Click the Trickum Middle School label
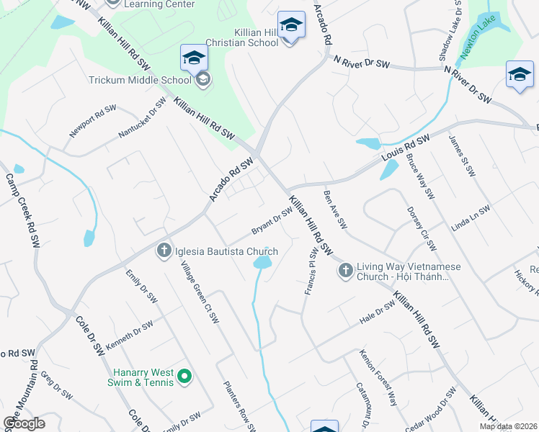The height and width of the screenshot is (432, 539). point(135,80)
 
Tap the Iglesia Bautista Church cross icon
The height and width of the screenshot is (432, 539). point(164,251)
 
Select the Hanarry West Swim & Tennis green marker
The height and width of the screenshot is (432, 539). point(184,375)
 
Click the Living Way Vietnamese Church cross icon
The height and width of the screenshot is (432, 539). point(345,271)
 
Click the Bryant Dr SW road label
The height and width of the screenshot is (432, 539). point(271,221)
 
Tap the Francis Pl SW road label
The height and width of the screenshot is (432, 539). point(309,273)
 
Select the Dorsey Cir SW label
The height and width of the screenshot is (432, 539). point(422,230)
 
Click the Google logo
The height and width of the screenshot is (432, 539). point(24,423)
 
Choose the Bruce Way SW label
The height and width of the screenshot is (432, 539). point(420,176)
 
